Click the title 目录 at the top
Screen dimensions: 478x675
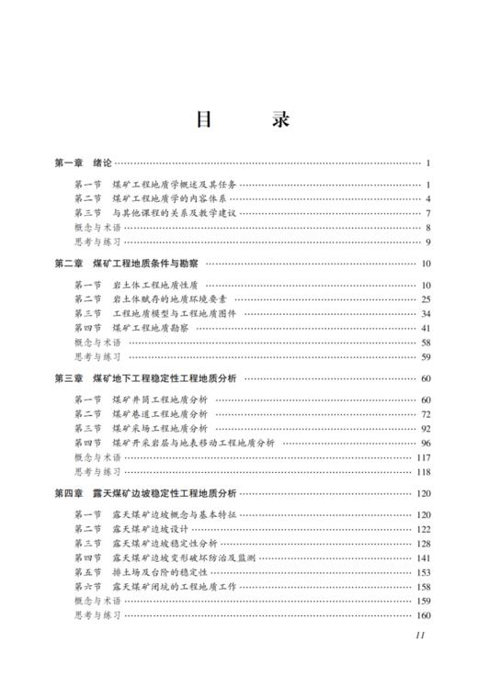click(239, 121)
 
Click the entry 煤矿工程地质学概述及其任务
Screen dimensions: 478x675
click(174, 185)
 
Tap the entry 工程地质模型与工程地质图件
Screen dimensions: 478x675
click(174, 313)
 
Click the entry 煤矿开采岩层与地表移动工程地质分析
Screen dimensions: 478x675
click(193, 443)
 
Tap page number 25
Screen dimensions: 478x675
click(426, 299)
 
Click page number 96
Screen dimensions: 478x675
click(426, 443)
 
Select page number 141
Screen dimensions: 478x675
click(423, 557)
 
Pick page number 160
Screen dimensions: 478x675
click(423, 615)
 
